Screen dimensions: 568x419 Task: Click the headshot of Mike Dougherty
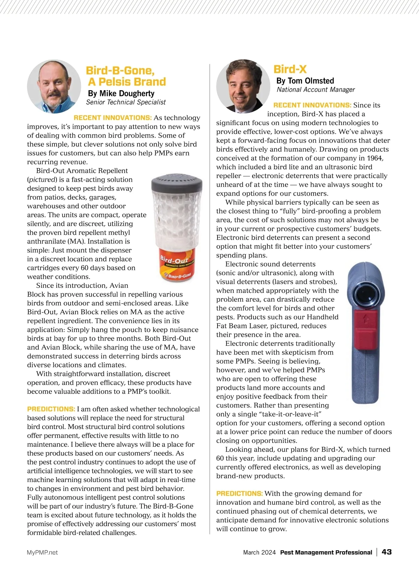(54, 86)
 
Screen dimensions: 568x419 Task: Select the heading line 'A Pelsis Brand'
(127, 82)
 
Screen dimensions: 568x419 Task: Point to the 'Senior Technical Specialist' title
(126, 102)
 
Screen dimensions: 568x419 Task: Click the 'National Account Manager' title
(316, 90)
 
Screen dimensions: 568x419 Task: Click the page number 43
(387, 552)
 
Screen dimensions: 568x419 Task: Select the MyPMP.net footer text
(42, 553)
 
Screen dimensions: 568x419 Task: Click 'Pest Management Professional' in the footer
(326, 553)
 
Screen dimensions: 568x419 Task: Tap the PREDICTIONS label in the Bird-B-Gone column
(51, 409)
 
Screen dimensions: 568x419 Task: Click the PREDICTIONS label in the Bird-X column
(240, 494)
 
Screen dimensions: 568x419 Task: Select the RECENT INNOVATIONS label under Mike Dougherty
(113, 118)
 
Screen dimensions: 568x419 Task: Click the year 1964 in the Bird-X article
(375, 158)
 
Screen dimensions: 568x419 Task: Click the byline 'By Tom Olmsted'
(305, 81)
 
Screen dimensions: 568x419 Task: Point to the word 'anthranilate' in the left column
(47, 241)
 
